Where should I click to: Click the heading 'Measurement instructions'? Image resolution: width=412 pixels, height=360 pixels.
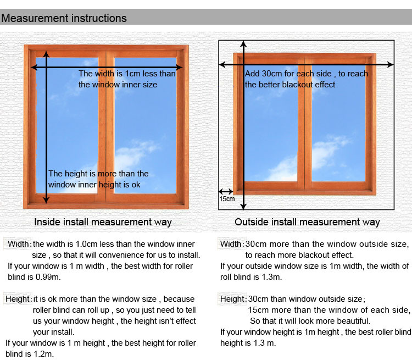pyautogui.click(x=64, y=18)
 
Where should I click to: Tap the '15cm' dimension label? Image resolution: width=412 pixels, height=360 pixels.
pyautogui.click(x=227, y=199)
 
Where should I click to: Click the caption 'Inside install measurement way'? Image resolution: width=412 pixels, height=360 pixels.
pyautogui.click(x=103, y=222)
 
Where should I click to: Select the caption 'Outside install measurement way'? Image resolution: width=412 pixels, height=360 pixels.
pyautogui.click(x=307, y=222)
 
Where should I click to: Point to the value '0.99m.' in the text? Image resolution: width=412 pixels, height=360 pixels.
pyautogui.click(x=48, y=276)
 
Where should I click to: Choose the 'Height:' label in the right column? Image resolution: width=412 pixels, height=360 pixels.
pyautogui.click(x=233, y=299)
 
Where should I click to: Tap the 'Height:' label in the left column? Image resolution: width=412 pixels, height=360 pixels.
pyautogui.click(x=19, y=299)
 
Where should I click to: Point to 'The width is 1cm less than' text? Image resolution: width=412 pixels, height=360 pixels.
pyautogui.click(x=127, y=74)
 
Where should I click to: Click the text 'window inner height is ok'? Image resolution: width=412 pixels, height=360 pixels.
pyautogui.click(x=94, y=185)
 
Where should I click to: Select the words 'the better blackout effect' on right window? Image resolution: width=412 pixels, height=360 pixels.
pyautogui.click(x=290, y=85)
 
